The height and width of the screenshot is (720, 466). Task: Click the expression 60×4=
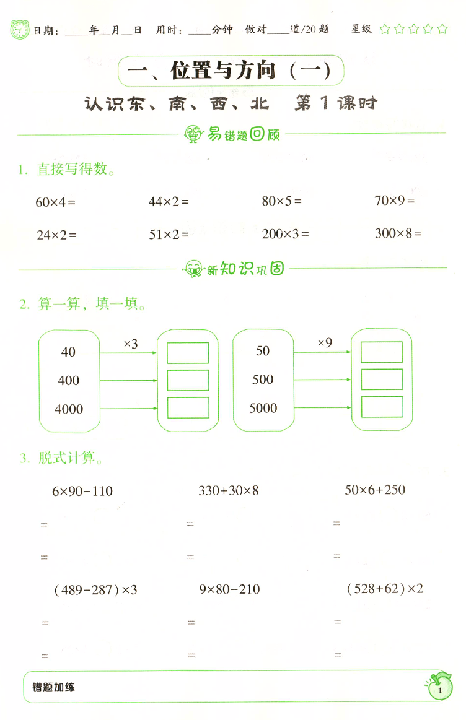(56, 202)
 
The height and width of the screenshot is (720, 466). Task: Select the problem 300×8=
(398, 233)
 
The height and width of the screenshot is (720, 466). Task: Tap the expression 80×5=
(282, 201)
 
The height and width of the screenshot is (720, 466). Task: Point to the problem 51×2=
(169, 235)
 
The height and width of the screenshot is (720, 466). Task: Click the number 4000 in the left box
(69, 409)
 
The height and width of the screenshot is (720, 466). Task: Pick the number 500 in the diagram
(263, 380)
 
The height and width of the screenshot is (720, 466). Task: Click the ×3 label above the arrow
(131, 344)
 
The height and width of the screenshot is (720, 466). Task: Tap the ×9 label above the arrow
(325, 342)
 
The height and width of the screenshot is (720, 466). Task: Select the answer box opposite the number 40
(188, 353)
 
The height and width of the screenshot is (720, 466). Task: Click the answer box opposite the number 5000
(382, 407)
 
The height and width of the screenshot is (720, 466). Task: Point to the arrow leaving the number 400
(129, 381)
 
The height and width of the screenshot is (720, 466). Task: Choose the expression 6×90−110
(82, 491)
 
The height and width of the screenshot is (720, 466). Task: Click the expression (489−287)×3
(95, 590)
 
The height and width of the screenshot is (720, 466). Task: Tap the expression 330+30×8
(229, 490)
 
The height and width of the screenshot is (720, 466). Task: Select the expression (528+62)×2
(385, 589)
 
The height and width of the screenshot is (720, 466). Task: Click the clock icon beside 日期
(20, 30)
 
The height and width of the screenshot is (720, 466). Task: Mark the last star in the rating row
(442, 29)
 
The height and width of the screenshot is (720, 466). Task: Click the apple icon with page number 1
(440, 687)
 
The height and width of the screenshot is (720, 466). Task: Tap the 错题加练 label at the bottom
(53, 687)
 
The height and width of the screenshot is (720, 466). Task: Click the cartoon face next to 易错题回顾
(193, 134)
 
